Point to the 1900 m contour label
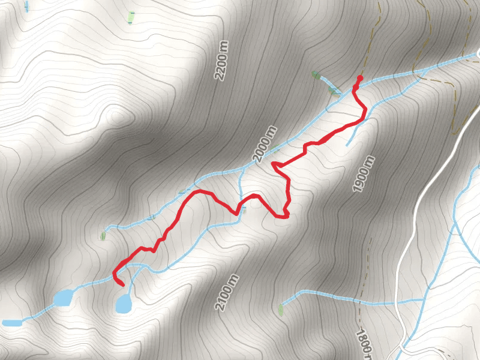pos(364,174)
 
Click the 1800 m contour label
pos(363,344)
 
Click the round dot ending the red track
pos(360,78)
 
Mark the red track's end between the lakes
pos(122,286)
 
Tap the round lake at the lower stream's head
pos(123,304)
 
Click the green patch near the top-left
pos(130,17)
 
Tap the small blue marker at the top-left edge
pos(26,6)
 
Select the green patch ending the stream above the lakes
pos(103,235)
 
